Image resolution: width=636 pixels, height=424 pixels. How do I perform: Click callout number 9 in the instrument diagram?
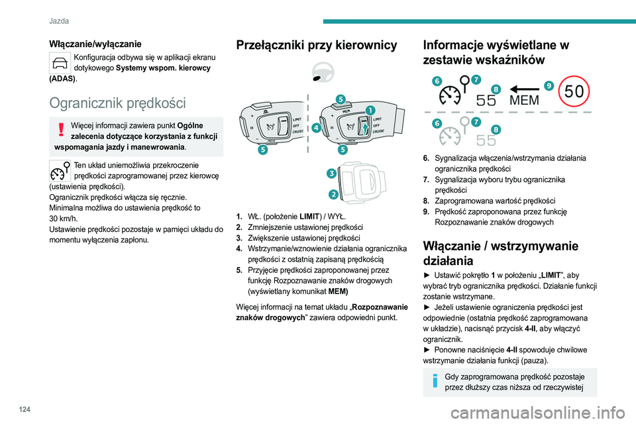click(x=549, y=85)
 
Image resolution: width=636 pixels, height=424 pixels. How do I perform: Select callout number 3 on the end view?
click(x=330, y=174)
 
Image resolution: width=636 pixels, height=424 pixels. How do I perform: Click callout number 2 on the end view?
click(x=333, y=194)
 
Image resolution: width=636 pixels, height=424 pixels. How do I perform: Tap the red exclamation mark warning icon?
click(x=60, y=130)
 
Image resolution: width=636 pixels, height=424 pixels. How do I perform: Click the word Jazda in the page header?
click(x=60, y=21)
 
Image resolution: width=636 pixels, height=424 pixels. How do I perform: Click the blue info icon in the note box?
click(x=433, y=383)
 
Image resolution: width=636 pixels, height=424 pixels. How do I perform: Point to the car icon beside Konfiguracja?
click(x=60, y=63)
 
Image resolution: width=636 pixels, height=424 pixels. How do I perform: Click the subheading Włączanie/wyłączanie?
click(x=95, y=44)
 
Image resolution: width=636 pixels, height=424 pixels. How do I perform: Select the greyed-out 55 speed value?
click(x=486, y=140)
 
